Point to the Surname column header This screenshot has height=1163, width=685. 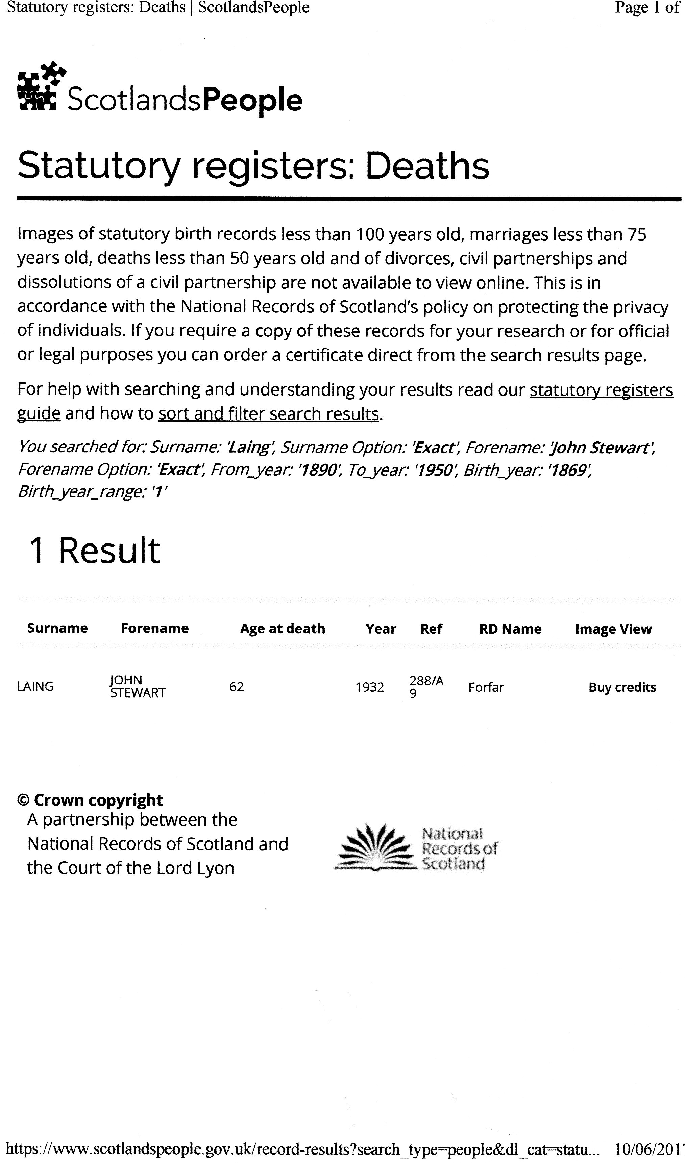pos(57,628)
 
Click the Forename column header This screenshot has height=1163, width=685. pos(155,628)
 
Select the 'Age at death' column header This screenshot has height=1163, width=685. pos(283,629)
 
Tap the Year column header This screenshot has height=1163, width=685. pos(381,629)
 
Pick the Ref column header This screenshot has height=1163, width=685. pos(431,629)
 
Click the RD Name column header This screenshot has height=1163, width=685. pos(510,629)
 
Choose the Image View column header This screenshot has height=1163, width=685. pos(613,629)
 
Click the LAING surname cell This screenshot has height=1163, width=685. pos(35,687)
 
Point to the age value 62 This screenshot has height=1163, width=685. pos(236,687)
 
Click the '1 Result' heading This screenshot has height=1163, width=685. pos(95,550)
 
